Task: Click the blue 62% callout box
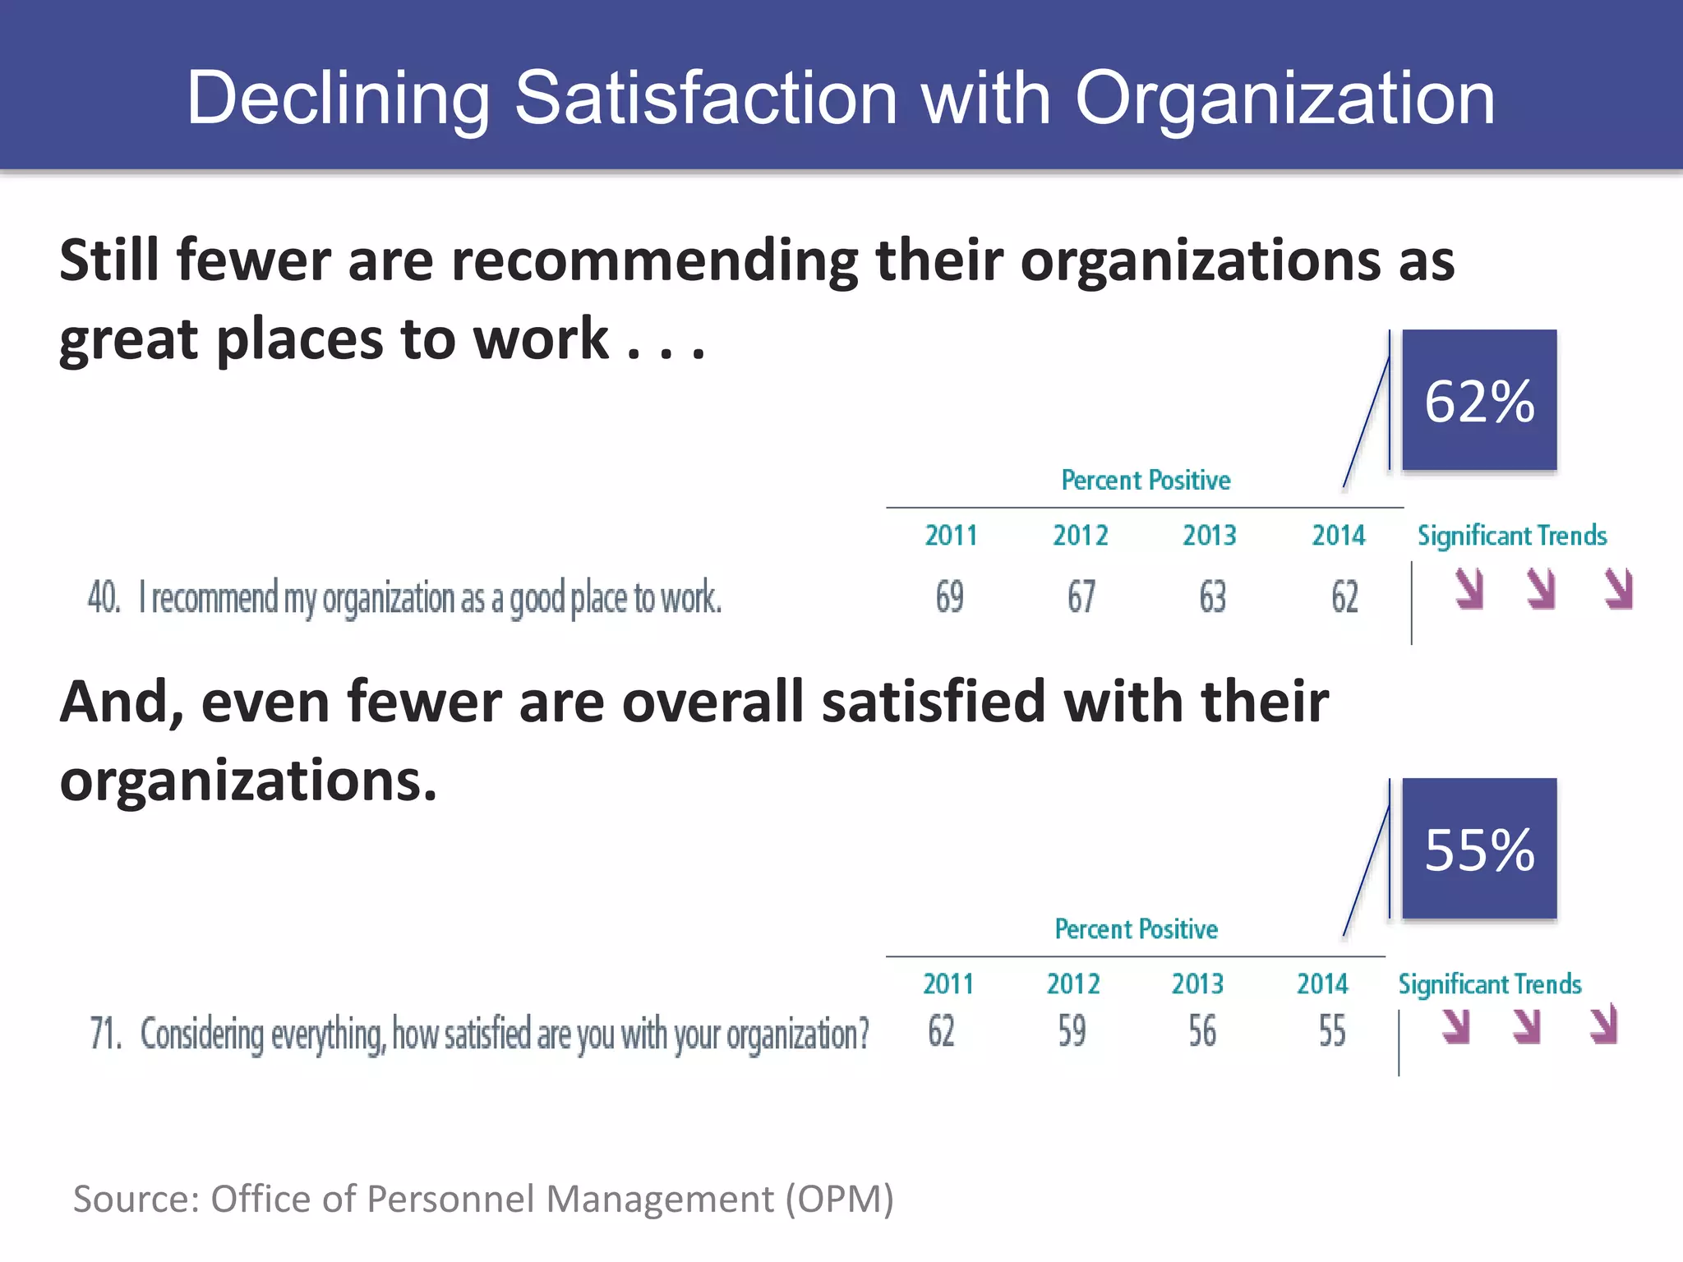(x=1478, y=400)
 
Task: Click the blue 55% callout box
(x=1478, y=849)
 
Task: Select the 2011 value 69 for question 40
(x=949, y=597)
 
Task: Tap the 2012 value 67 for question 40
(x=1081, y=597)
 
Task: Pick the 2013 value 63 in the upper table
(x=1212, y=597)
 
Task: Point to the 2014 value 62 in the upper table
(x=1344, y=597)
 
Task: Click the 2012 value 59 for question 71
(x=1072, y=1031)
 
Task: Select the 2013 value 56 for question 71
(x=1201, y=1031)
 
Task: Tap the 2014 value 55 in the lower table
(x=1332, y=1031)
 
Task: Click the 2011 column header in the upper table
(x=951, y=536)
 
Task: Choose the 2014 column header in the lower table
(x=1322, y=984)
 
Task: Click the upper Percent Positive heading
(x=1146, y=480)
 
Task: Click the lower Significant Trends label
(x=1489, y=984)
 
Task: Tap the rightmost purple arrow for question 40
(x=1619, y=589)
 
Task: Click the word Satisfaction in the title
(x=705, y=99)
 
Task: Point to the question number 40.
(x=104, y=597)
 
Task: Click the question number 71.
(x=105, y=1034)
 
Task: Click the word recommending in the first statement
(x=654, y=261)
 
